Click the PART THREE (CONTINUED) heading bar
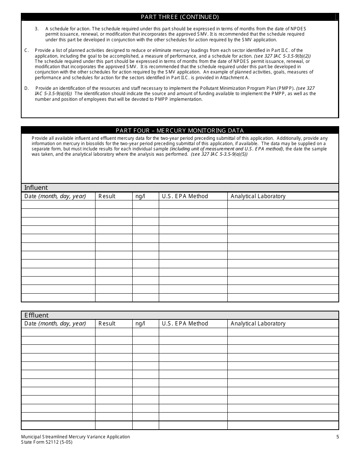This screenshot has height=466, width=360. (x=180, y=17)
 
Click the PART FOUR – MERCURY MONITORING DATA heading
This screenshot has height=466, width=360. (x=180, y=130)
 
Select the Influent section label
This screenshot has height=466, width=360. (x=36, y=188)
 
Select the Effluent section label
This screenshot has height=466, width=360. (x=36, y=315)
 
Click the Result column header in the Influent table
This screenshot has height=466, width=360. (x=107, y=196)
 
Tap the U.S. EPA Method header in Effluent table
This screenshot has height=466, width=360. (x=185, y=324)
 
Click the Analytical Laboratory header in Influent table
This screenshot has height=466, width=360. (x=258, y=196)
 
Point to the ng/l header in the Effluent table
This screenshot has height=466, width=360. (x=140, y=324)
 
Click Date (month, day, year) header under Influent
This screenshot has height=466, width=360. (x=55, y=196)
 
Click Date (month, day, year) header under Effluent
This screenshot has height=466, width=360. (x=55, y=324)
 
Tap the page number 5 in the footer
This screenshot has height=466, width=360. (x=337, y=437)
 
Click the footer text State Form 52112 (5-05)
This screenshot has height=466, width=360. (x=47, y=442)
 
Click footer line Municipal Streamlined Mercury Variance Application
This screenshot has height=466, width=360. (x=76, y=437)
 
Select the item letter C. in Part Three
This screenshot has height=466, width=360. (x=27, y=50)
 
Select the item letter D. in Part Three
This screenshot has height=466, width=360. (x=27, y=88)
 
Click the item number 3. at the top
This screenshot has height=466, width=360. (x=37, y=29)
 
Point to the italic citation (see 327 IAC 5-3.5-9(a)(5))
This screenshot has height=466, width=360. (x=219, y=155)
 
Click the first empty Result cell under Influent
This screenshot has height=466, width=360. (x=114, y=205)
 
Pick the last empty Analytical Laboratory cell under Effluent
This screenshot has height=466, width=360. (x=283, y=425)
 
